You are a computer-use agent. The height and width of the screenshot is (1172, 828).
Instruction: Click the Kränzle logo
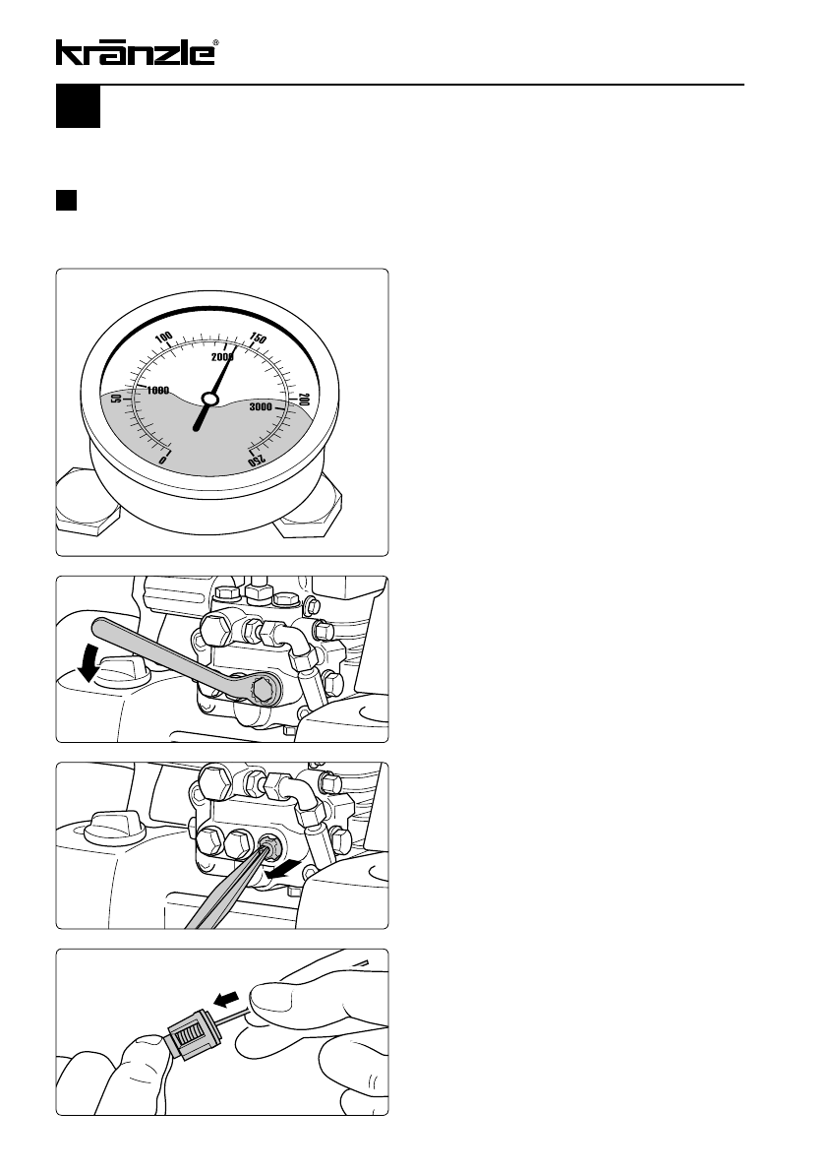pyautogui.click(x=138, y=52)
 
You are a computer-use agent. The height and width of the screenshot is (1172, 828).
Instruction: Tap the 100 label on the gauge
pyautogui.click(x=164, y=338)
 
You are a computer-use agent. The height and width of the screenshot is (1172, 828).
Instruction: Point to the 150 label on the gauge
pyautogui.click(x=258, y=339)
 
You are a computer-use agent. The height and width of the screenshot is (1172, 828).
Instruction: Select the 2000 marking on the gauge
pyautogui.click(x=221, y=357)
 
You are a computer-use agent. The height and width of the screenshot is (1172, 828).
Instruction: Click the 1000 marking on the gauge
pyautogui.click(x=157, y=390)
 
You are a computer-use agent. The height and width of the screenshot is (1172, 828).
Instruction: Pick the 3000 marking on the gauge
pyautogui.click(x=261, y=406)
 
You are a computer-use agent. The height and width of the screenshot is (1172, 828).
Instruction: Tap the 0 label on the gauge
pyautogui.click(x=163, y=459)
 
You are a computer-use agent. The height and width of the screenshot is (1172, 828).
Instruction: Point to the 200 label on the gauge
pyautogui.click(x=304, y=400)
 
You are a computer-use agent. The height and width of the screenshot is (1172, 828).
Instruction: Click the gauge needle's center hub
pyautogui.click(x=209, y=400)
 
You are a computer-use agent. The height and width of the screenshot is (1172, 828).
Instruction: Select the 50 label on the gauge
pyautogui.click(x=116, y=399)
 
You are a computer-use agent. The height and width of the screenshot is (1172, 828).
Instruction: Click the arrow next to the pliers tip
pyautogui.click(x=287, y=870)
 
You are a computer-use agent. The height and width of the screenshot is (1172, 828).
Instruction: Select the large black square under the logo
pyautogui.click(x=79, y=107)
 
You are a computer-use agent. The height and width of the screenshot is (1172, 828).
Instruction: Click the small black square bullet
pyautogui.click(x=67, y=201)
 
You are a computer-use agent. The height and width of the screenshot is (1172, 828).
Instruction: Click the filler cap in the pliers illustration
pyautogui.click(x=114, y=826)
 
